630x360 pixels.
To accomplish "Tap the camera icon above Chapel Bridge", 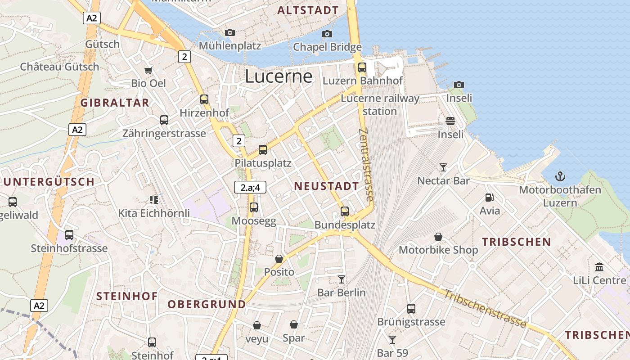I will (x=327, y=34).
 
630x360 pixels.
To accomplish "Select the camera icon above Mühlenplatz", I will (x=230, y=32).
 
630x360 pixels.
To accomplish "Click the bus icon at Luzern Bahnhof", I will (x=362, y=67).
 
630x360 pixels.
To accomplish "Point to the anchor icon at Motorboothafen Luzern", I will (x=560, y=176).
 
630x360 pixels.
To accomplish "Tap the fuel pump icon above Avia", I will (x=489, y=197).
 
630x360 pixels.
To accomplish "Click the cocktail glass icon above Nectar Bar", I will (x=443, y=167).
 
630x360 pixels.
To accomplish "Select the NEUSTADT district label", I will (x=326, y=186).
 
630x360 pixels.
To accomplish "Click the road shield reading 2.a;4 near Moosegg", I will (x=250, y=187).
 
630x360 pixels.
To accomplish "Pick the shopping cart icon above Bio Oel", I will (x=148, y=70).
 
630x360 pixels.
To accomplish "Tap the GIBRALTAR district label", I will (x=115, y=103).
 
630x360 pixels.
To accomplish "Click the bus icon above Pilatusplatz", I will (x=263, y=150).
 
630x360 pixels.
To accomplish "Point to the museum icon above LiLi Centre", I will (x=599, y=267).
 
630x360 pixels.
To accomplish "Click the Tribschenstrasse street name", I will (x=485, y=309).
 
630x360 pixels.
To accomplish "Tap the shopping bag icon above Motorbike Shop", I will (x=438, y=237).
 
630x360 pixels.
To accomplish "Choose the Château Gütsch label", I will (x=59, y=67).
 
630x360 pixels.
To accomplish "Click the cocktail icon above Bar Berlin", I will (x=342, y=279).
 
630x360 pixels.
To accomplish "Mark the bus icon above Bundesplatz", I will (x=345, y=211).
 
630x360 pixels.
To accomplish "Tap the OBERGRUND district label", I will (x=207, y=305).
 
